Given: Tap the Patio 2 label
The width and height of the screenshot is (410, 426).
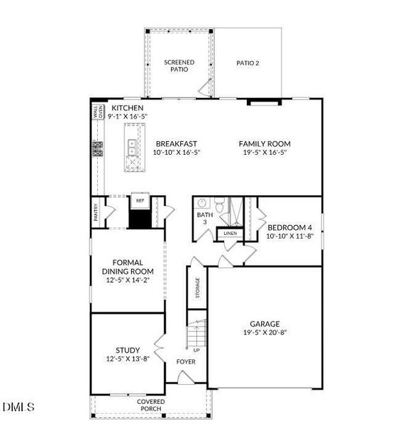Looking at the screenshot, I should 247,63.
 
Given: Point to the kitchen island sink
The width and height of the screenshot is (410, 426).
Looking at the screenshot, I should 132,147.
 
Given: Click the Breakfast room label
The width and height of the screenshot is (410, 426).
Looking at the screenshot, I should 176,143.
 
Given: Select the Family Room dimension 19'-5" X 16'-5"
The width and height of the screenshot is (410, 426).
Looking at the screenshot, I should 265,152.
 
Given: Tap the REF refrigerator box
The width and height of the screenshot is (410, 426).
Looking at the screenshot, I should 140,201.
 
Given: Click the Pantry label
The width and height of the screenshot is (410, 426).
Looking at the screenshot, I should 96,213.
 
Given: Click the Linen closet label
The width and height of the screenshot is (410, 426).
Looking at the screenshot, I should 229,233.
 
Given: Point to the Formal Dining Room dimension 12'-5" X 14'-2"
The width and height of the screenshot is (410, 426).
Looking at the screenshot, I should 128,280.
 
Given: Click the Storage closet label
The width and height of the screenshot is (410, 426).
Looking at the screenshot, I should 196,288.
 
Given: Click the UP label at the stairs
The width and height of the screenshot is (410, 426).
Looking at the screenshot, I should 196,350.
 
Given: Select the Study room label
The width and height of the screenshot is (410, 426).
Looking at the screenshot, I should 128,349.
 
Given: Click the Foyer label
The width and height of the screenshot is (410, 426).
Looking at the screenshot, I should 185,362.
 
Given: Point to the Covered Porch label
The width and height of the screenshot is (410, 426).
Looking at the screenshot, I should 150,405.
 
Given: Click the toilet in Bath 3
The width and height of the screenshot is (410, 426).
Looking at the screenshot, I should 222,207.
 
